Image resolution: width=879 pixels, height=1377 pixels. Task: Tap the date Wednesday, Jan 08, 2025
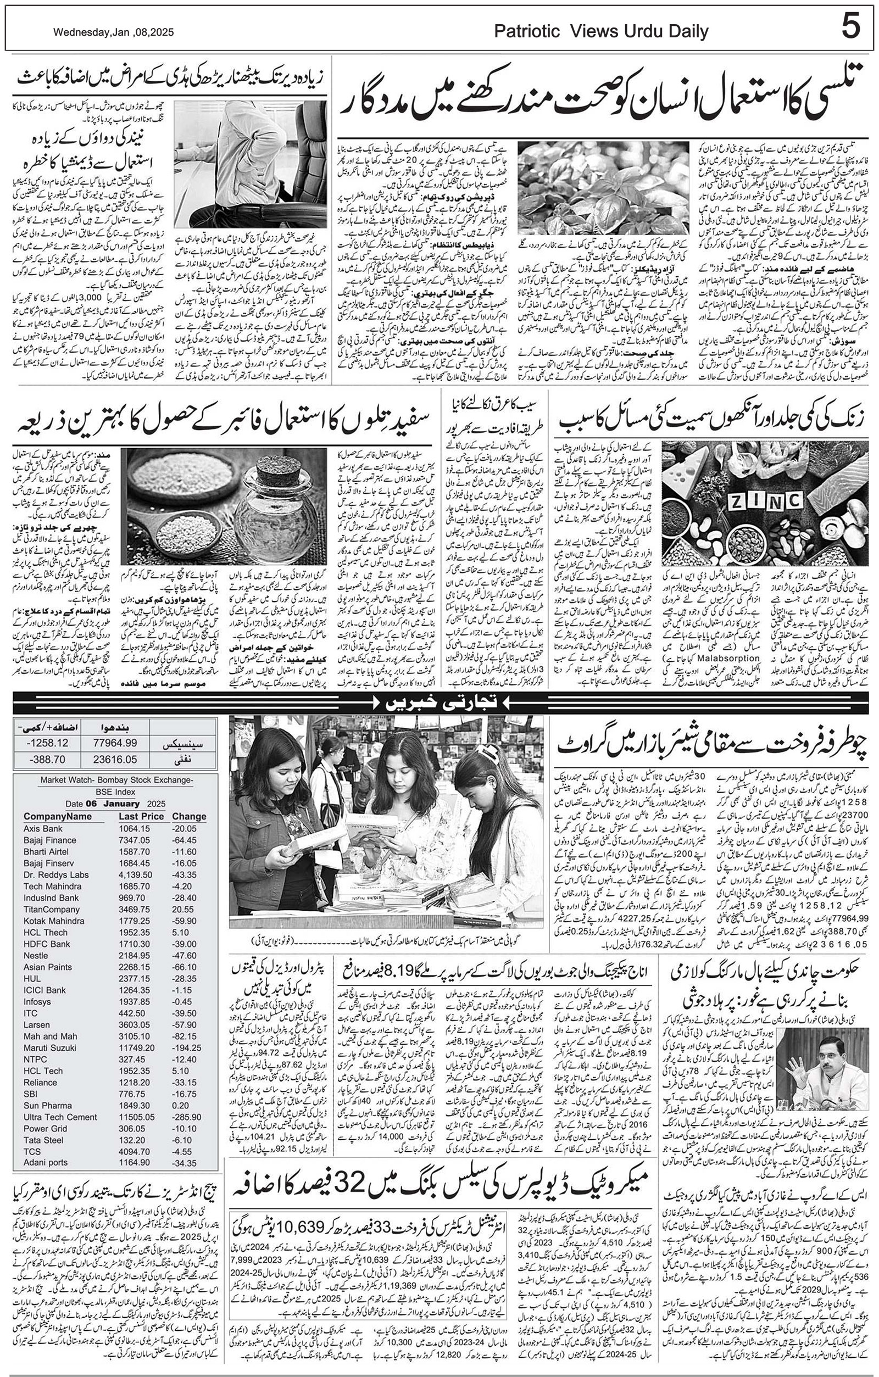coord(113,32)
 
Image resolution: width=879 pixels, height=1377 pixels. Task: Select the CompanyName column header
coord(57,816)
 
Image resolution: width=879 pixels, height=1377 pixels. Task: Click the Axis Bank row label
coord(43,828)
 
